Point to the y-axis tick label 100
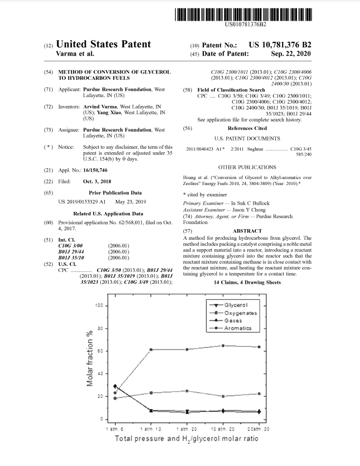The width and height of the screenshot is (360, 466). (x=98, y=306)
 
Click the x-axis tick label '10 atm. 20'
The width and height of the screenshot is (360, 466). (x=223, y=430)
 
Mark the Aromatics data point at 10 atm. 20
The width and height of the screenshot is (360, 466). (x=223, y=346)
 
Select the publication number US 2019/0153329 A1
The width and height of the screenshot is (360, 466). (x=78, y=201)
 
